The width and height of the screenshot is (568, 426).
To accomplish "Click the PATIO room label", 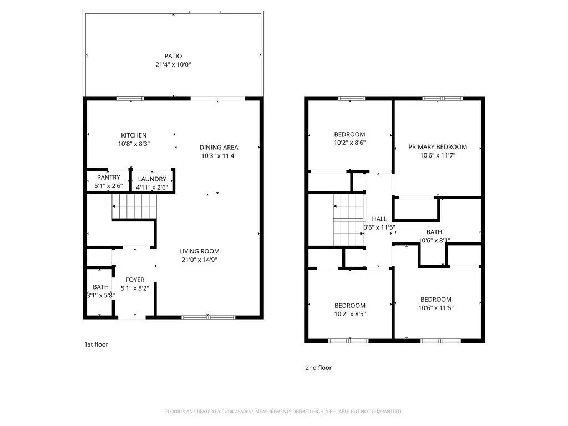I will [173, 56].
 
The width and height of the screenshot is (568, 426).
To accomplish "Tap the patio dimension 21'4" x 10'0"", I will [173, 65].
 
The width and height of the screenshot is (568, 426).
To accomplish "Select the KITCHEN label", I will [134, 135].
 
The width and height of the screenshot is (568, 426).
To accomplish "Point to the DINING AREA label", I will [219, 148].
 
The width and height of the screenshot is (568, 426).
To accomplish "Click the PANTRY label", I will [109, 177].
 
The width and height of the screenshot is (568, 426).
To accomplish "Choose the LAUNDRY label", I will [152, 179].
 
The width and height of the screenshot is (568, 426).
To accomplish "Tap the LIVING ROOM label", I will [200, 251].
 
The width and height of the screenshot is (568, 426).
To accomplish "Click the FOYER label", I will [135, 280].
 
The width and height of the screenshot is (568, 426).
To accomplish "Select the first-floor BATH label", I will [100, 287].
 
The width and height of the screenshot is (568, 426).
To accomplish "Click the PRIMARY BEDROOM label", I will [438, 147].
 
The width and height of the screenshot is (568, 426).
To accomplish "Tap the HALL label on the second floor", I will [379, 219].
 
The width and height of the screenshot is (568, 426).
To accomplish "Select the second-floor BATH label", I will [434, 232].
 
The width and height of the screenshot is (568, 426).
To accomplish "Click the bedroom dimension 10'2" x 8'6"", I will [349, 143].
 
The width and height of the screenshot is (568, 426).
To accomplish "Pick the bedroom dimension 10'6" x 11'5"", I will [435, 308].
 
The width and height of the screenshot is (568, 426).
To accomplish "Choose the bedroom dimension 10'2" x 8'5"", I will [349, 314].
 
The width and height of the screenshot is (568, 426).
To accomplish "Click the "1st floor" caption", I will [96, 344].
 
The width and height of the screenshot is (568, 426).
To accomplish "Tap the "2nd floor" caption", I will [318, 368].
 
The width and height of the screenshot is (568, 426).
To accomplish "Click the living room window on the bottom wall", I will [196, 317].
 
